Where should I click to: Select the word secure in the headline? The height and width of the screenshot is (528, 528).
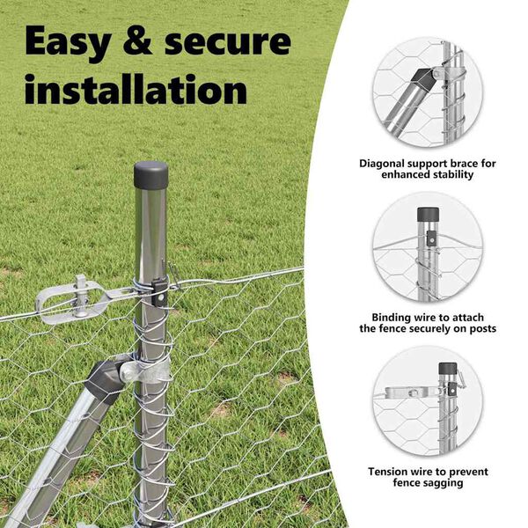pos(228,42)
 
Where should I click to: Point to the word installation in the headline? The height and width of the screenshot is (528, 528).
pos(136,89)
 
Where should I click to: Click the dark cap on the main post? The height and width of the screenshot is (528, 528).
pos(150,175)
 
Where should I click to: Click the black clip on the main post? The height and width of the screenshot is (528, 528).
pos(159,293)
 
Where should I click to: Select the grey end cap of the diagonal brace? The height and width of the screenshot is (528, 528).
pos(104,381)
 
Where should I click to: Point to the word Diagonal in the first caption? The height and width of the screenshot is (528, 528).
pos(382,164)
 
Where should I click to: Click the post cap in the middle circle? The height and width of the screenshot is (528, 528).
pos(429,214)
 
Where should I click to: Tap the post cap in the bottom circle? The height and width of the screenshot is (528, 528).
pos(448,369)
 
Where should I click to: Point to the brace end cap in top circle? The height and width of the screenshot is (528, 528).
pos(423,81)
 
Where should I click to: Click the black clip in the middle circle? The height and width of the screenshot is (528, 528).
pos(431,238)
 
